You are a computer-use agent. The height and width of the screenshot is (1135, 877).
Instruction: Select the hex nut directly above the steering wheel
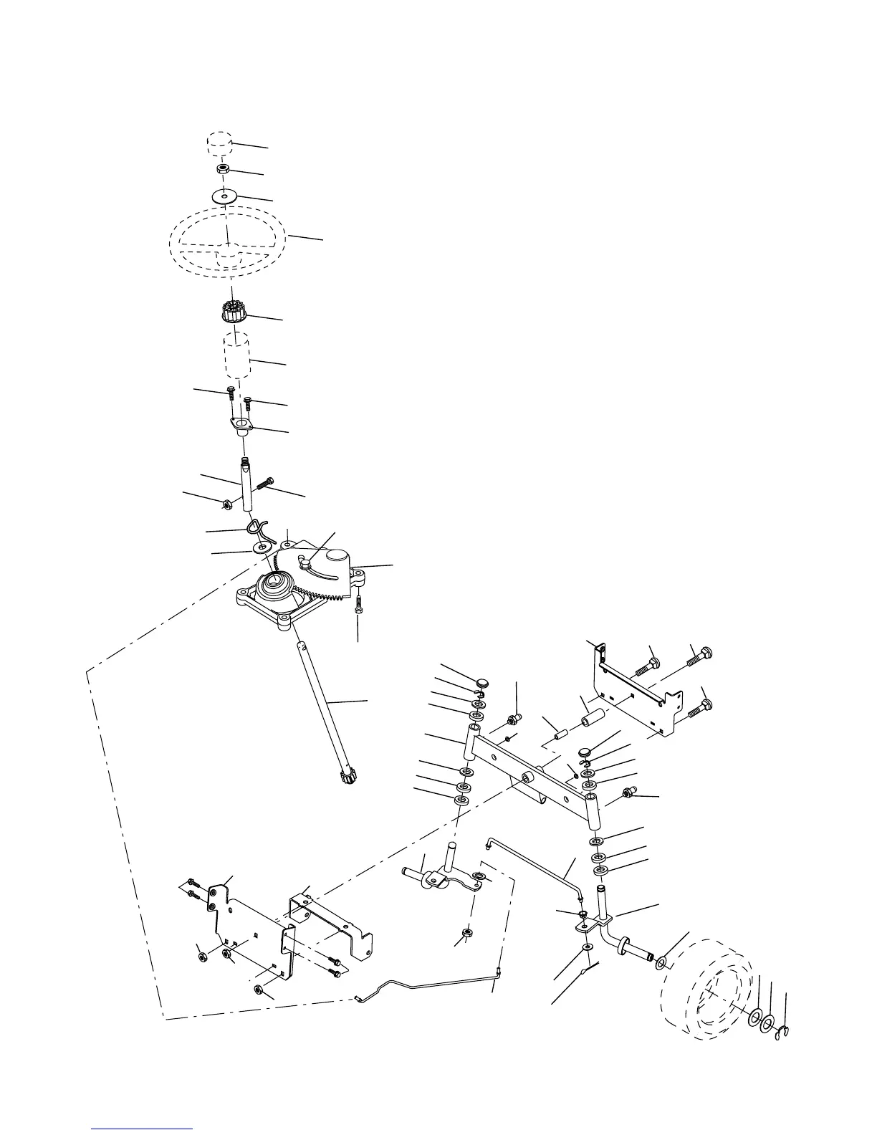224,170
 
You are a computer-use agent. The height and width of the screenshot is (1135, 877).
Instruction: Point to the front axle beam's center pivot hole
527,777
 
